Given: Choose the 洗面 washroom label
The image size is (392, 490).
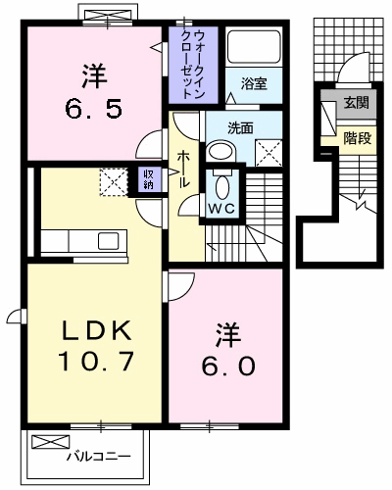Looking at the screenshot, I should click(x=241, y=127).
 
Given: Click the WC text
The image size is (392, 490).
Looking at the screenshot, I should click(x=220, y=209).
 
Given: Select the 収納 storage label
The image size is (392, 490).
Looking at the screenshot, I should click(x=147, y=180).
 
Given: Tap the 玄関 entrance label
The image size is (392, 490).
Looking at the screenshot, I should click(x=354, y=101).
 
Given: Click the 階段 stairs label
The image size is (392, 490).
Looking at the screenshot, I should click(x=358, y=138).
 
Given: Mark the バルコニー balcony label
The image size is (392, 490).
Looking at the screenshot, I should click(x=95, y=456).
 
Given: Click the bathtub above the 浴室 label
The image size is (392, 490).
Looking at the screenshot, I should click(x=253, y=49).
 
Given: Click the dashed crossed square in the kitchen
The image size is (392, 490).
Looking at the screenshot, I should click(x=113, y=180).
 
